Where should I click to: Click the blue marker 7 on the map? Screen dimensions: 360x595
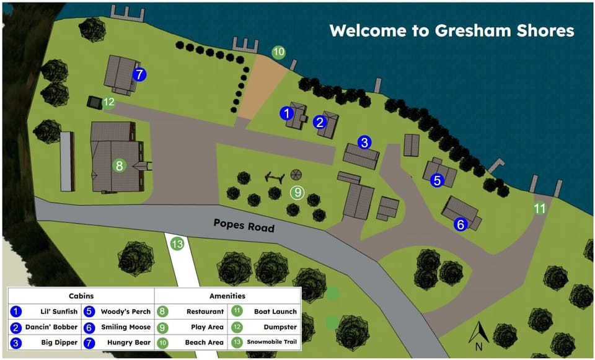[x=139, y=74]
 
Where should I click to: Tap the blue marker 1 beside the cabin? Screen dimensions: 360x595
[x=286, y=113]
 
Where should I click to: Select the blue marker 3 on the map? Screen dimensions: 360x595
[x=364, y=143]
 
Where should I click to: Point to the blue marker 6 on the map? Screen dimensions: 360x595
[x=461, y=224]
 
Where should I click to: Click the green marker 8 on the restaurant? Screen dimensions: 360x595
[x=120, y=165]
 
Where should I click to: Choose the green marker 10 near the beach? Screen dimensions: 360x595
[x=279, y=52]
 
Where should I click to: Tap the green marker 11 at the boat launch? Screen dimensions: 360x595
[x=540, y=209]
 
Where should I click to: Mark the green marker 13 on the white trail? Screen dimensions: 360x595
[x=178, y=244]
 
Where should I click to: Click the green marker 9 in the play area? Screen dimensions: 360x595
[x=297, y=192]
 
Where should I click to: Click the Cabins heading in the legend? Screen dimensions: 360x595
[x=81, y=296]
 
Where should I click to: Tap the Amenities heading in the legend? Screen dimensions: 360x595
[x=227, y=296]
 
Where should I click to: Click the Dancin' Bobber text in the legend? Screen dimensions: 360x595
[x=51, y=327]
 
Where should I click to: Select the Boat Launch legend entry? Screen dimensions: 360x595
[x=275, y=311]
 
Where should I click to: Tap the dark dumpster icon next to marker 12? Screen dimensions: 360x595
[x=94, y=102]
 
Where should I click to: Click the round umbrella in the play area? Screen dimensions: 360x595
[x=296, y=175]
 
